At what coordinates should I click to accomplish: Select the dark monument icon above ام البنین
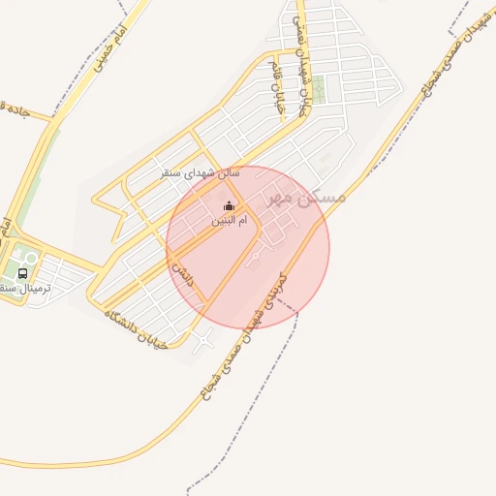(x=229, y=205)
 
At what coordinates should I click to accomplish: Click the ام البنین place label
(x=229, y=221)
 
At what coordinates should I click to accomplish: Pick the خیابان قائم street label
(x=282, y=95)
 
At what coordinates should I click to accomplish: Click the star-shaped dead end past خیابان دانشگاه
(x=203, y=339)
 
